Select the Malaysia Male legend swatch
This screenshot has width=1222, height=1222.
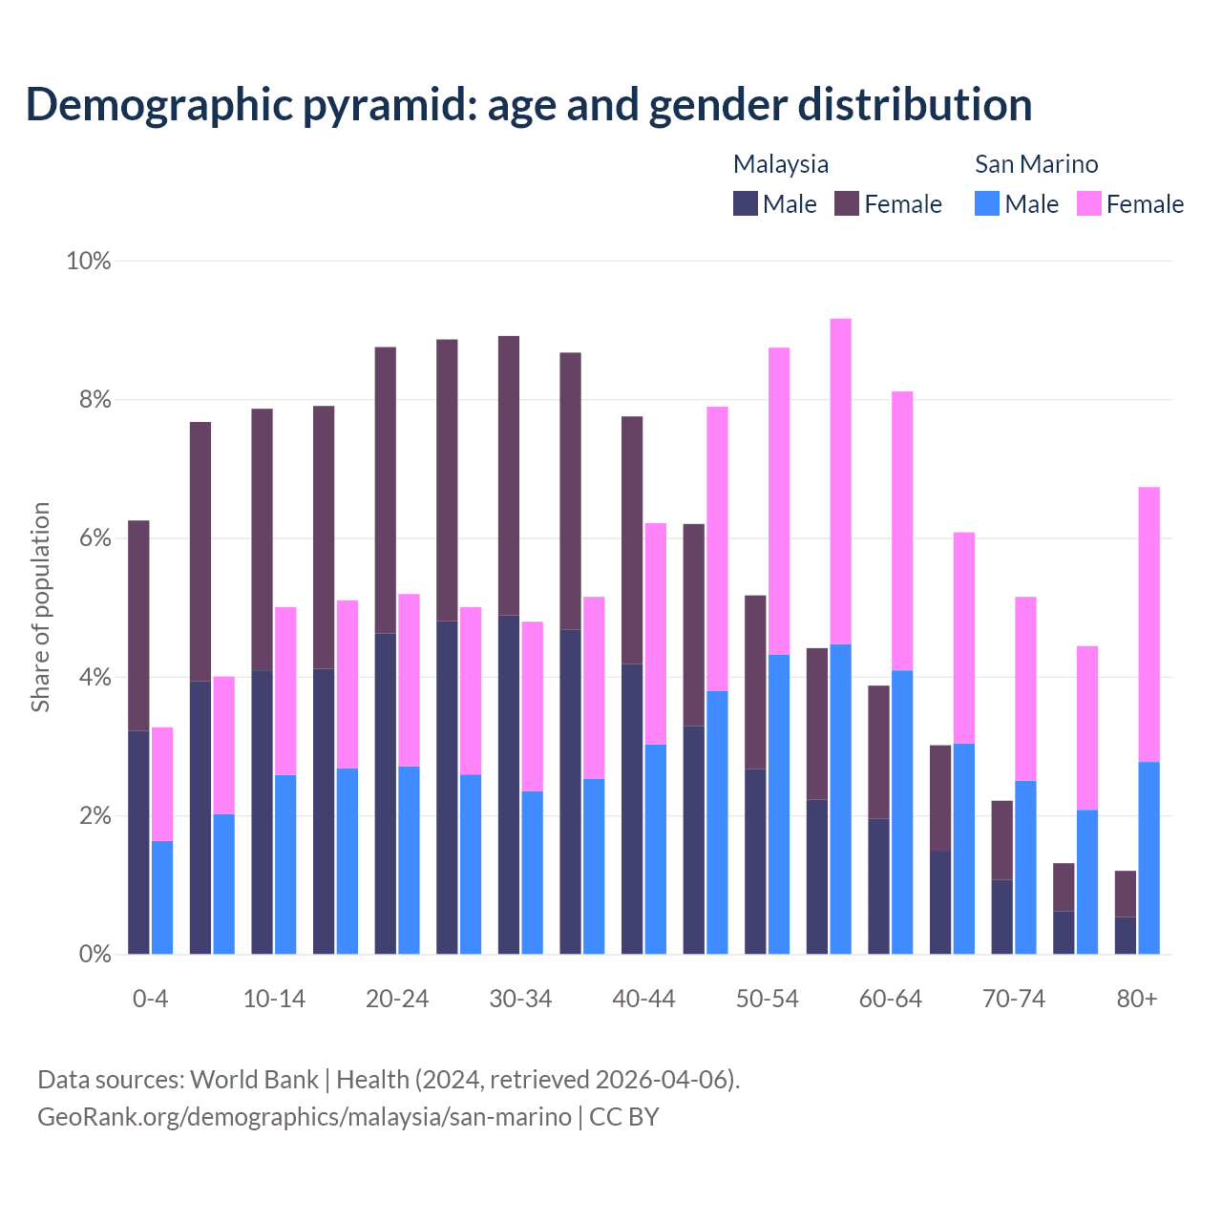tap(745, 203)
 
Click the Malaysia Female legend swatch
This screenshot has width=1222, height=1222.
tap(846, 203)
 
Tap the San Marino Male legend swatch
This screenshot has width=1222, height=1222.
tap(987, 203)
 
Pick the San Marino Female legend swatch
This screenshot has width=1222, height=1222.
tap(1088, 203)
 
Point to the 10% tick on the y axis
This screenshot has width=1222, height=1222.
tap(89, 261)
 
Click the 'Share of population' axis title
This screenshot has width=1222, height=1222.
tap(40, 607)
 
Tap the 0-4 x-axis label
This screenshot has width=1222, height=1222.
tap(150, 1000)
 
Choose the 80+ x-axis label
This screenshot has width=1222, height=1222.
tap(1137, 1000)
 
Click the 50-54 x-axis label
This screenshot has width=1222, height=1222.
tap(767, 1000)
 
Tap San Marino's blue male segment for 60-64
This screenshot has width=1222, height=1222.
tap(902, 811)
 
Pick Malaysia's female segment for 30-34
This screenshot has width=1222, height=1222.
tap(509, 475)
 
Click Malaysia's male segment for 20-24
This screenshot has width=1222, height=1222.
tap(386, 793)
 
